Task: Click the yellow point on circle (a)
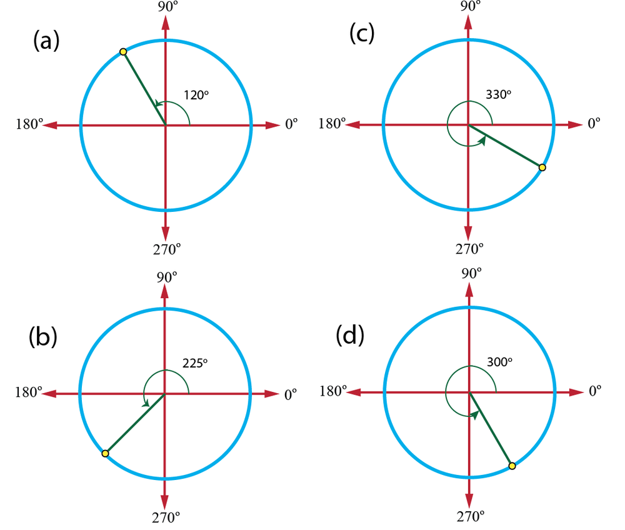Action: [123, 51]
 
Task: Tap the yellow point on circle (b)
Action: [105, 453]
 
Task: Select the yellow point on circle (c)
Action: [542, 167]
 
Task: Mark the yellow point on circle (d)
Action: [512, 466]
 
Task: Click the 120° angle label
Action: [196, 95]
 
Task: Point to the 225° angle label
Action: [194, 363]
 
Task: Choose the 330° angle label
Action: [498, 94]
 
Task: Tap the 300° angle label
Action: [499, 362]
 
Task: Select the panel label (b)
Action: [43, 337]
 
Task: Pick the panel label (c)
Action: [362, 34]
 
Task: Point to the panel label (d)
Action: [350, 336]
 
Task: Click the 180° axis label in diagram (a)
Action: [29, 124]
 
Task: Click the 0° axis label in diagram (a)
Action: [291, 124]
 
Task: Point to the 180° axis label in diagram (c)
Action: [332, 124]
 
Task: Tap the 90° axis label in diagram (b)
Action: [166, 275]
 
